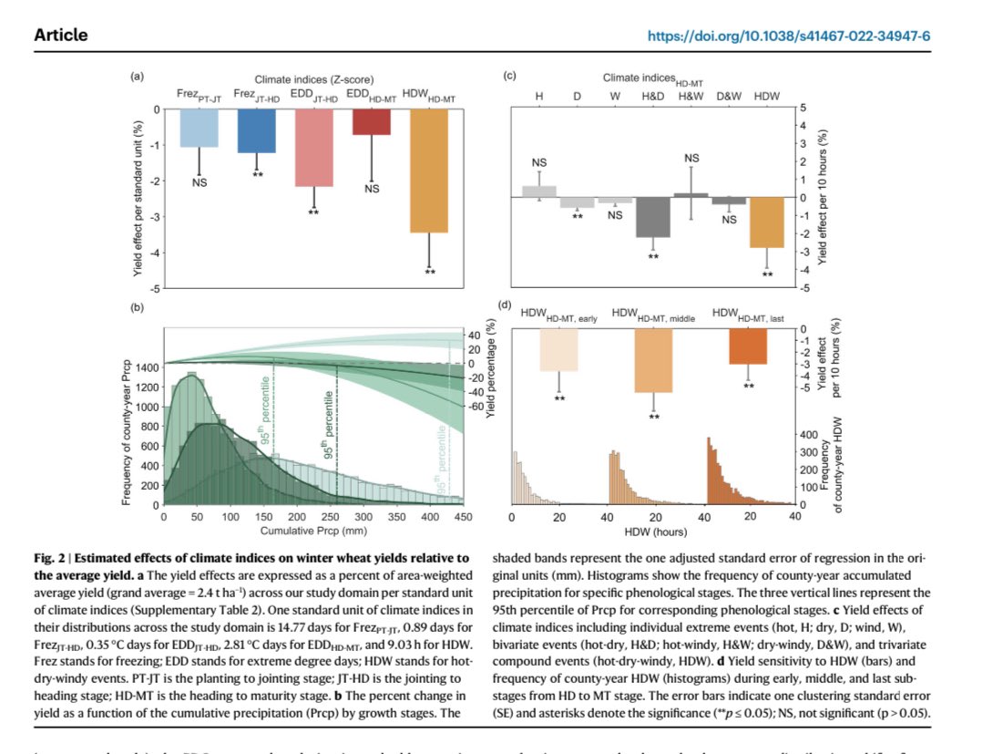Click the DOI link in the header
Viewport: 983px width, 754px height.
[789, 36]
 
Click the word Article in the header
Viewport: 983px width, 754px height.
[61, 36]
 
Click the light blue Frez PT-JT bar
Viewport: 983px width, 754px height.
[199, 128]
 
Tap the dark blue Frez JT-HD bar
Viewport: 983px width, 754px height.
[256, 130]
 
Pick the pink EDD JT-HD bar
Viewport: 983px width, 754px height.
[313, 148]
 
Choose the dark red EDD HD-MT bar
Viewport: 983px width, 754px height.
[371, 122]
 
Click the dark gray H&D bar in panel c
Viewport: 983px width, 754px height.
[652, 217]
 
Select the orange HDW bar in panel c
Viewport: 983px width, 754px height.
[766, 222]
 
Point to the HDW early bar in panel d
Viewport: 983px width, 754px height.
[558, 350]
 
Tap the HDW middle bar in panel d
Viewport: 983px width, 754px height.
[653, 361]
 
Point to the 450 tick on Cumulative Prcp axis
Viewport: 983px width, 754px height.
[462, 516]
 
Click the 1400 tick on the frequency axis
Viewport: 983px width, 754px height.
[146, 367]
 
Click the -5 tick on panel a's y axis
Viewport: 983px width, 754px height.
[155, 289]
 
